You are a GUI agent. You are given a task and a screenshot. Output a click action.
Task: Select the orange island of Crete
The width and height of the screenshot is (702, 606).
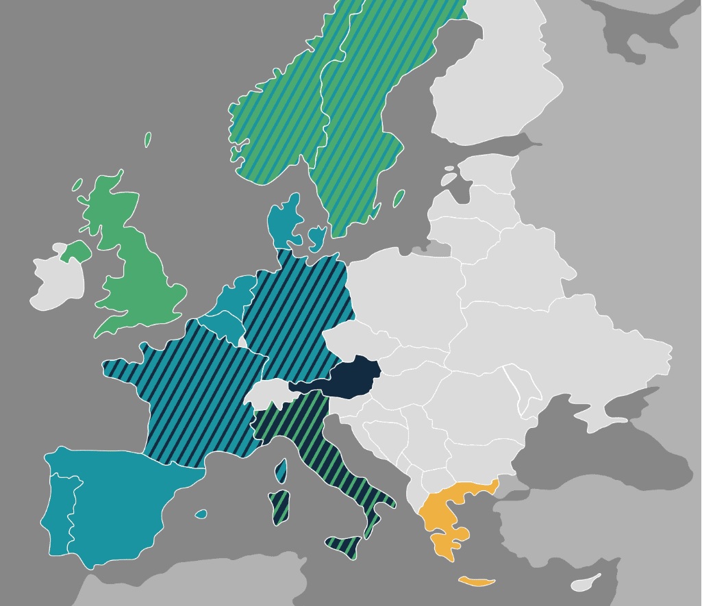[x=477, y=582]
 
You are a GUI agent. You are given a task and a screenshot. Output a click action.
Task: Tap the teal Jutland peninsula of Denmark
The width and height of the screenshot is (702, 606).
[x=284, y=219]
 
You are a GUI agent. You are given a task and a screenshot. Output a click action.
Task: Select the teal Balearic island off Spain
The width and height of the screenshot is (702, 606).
[x=201, y=514]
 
